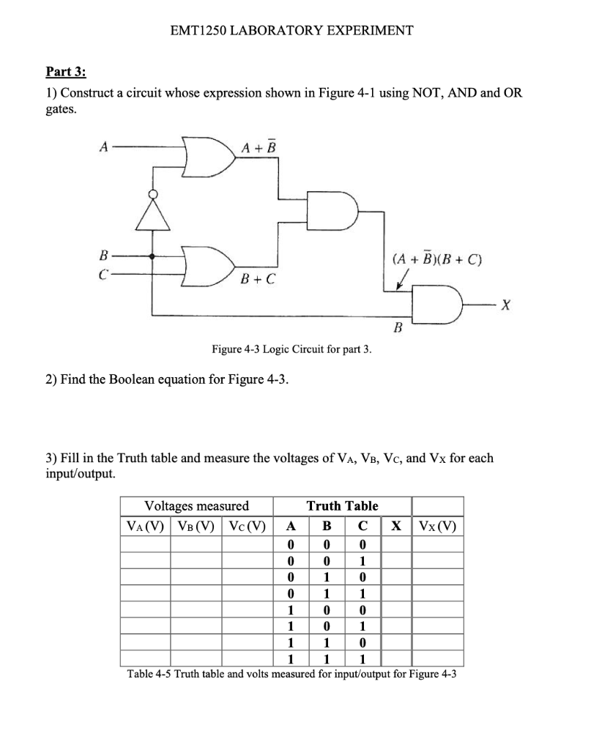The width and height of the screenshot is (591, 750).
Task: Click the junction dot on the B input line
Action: pos(153,257)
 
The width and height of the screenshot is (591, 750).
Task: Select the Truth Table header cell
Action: pos(342,505)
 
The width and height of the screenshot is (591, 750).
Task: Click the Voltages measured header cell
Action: pos(196,505)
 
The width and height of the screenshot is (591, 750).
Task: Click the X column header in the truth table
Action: pos(396,524)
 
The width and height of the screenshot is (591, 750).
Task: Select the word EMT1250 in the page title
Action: pos(197,31)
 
